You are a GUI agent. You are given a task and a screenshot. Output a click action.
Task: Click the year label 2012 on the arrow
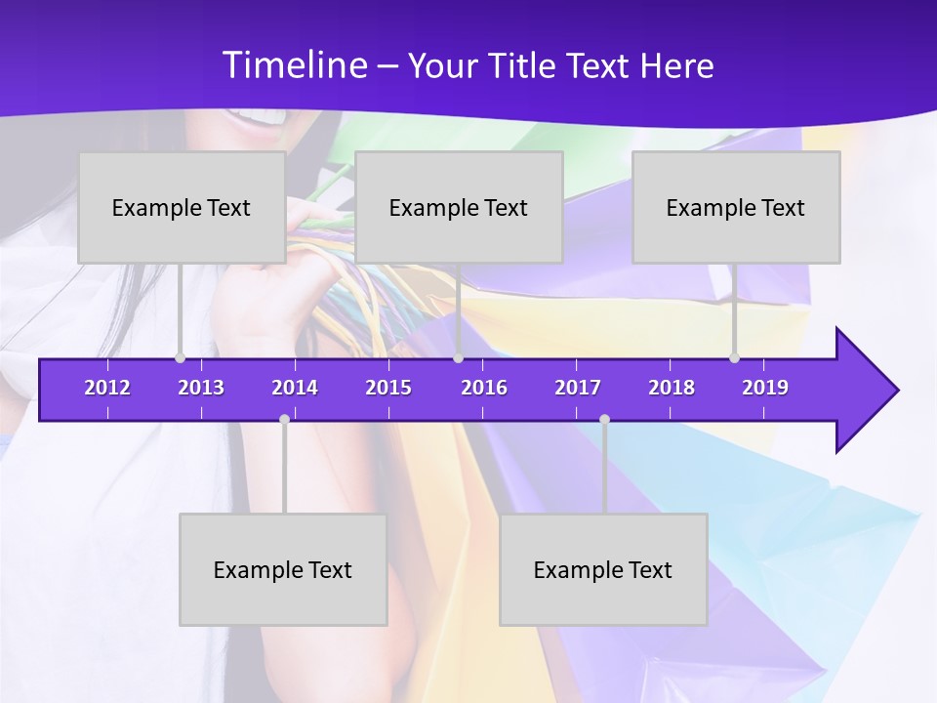107,388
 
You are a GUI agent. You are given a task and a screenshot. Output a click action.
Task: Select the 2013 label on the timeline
201,388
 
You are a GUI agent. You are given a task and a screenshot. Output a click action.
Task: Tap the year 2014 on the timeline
295,388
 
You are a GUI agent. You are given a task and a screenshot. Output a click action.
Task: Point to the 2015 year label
388,388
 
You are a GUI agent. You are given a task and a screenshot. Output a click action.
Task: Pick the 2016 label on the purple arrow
484,388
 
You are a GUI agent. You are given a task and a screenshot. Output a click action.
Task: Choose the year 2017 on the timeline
578,388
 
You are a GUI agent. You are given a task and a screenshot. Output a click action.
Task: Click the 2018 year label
672,388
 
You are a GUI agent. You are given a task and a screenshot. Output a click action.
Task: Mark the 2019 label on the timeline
765,388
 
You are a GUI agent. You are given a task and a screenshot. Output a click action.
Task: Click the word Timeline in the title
294,65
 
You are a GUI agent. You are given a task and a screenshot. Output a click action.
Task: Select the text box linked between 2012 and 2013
182,207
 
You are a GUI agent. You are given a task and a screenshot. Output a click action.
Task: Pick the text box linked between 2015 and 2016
459,207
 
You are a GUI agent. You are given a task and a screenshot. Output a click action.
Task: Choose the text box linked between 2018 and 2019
736,207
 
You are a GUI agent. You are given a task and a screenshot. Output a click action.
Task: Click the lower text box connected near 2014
283,569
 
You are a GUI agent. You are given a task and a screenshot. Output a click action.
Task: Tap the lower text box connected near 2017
603,569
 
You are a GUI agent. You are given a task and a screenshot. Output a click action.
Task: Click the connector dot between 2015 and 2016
458,358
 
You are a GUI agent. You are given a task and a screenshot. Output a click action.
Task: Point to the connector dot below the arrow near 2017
604,420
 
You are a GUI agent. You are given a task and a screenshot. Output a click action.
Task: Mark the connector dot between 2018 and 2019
735,358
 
